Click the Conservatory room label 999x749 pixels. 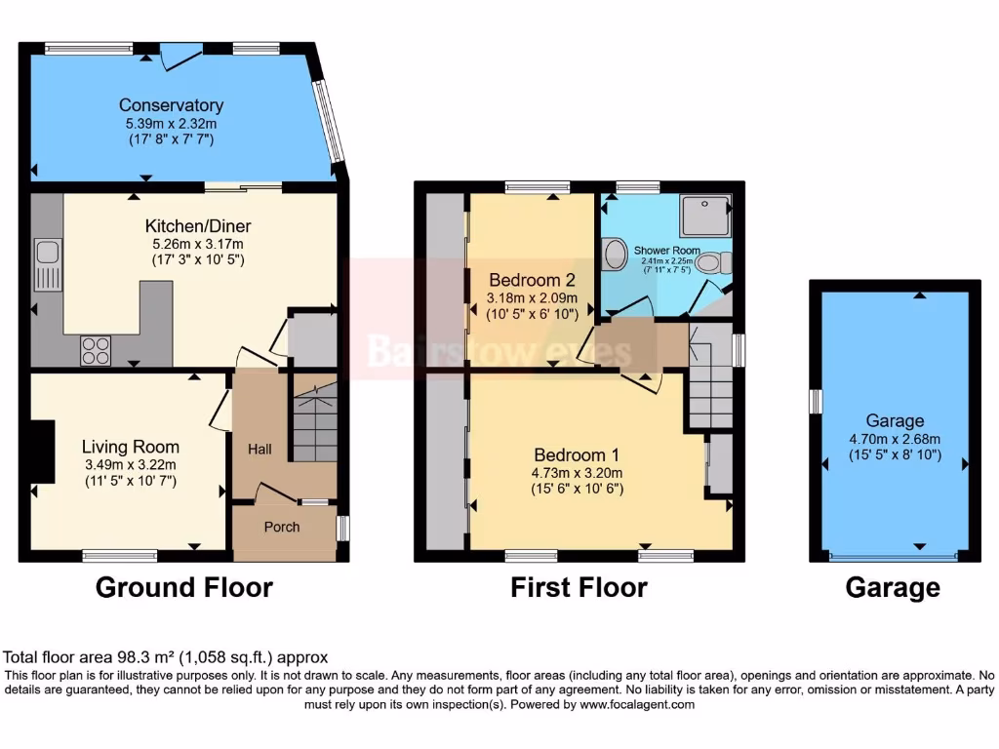pyautogui.click(x=171, y=105)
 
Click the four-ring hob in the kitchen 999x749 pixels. pyautogui.click(x=95, y=349)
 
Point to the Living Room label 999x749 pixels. pyautogui.click(x=130, y=447)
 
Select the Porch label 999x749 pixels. pyautogui.click(x=282, y=527)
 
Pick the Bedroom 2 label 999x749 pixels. pyautogui.click(x=532, y=275)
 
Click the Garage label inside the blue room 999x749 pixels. pyautogui.click(x=894, y=421)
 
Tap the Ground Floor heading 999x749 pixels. pyautogui.click(x=183, y=587)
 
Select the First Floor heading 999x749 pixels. pyautogui.click(x=579, y=587)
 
